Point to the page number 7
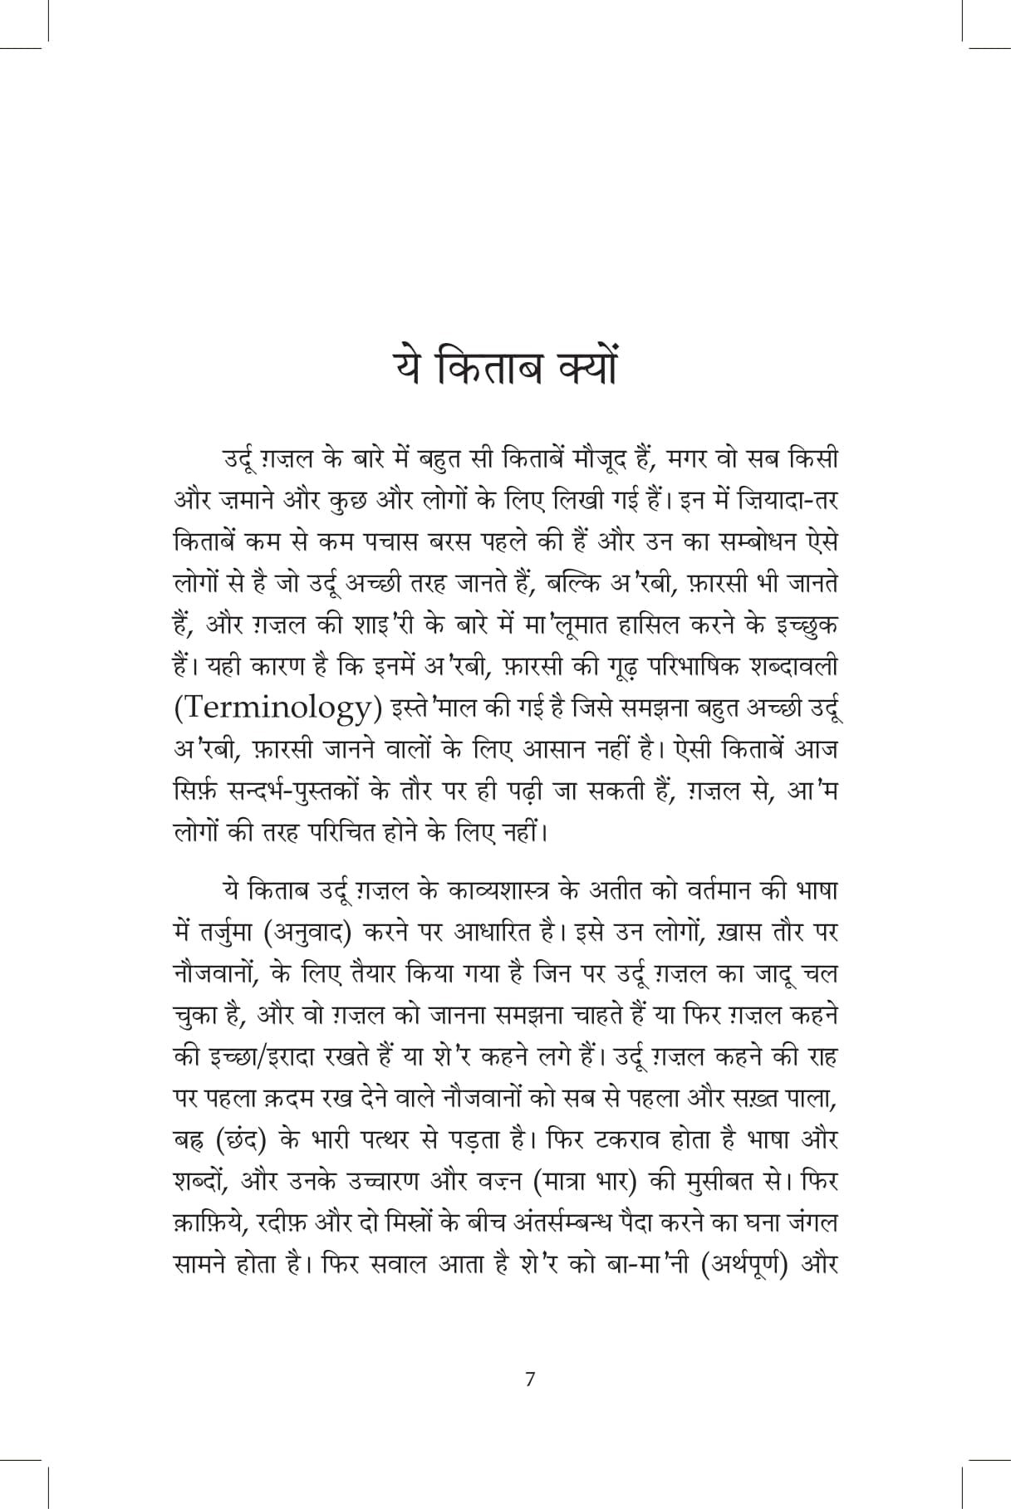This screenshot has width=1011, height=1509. click(530, 1379)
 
